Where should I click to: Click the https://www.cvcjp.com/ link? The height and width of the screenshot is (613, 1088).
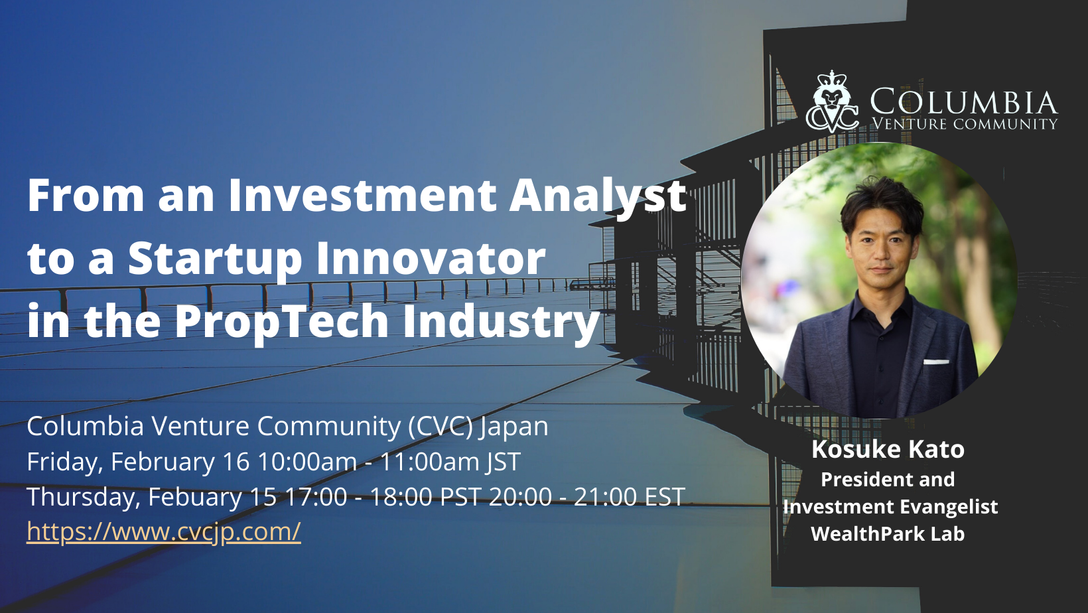pyautogui.click(x=164, y=531)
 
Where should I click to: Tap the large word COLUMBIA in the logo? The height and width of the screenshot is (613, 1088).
pyautogui.click(x=964, y=102)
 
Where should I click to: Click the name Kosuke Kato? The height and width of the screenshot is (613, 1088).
pyautogui.click(x=888, y=448)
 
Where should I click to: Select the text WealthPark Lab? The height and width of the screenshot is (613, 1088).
pyautogui.click(x=888, y=534)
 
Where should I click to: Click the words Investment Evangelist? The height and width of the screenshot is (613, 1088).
pyautogui.click(x=890, y=507)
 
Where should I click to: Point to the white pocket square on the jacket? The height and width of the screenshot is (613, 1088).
pyautogui.click(x=936, y=362)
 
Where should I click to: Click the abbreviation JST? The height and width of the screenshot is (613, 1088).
pyautogui.click(x=504, y=462)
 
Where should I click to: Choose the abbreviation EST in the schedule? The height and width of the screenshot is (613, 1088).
pyautogui.click(x=665, y=497)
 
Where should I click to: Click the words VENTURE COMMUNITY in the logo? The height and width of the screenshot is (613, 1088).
pyautogui.click(x=965, y=124)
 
